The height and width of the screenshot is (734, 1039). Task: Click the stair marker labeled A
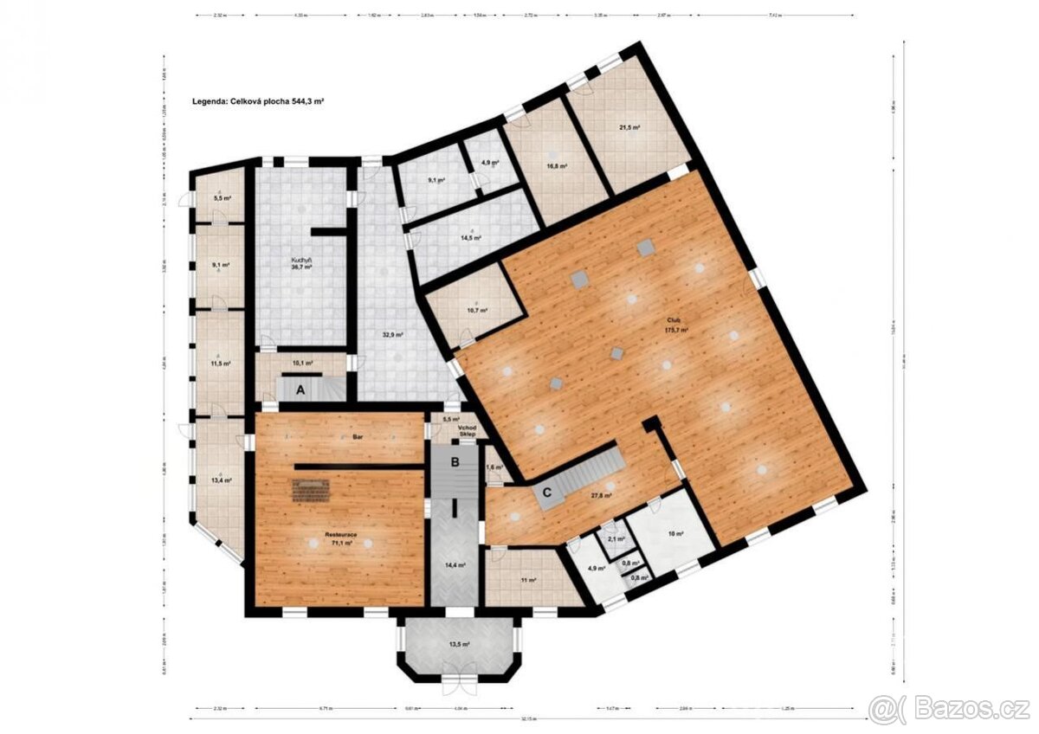point(300,390)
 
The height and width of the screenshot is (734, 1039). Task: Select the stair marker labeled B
point(454,462)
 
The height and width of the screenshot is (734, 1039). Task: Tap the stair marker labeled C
point(547,493)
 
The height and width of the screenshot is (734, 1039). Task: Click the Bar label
point(357,438)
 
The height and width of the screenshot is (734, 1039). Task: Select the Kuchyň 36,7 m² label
point(300,264)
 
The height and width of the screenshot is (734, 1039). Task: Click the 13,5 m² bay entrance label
point(460,644)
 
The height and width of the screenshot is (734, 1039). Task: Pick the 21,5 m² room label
point(629,127)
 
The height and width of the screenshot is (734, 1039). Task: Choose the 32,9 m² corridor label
point(395,333)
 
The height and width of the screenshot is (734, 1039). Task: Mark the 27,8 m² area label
point(601,496)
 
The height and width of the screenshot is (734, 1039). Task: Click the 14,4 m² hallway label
point(455,564)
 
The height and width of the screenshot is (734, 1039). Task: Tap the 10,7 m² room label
point(477,310)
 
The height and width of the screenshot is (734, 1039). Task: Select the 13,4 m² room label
point(221,480)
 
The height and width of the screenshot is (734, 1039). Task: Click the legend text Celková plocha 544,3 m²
point(258,101)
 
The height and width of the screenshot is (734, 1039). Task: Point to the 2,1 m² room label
point(616,539)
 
